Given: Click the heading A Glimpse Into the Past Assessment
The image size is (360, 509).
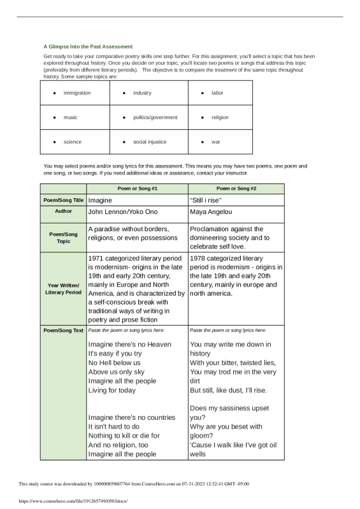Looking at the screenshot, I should tap(88, 47).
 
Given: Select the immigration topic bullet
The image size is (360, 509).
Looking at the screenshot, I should tap(76, 93).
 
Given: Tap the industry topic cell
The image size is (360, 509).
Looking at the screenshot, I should tap(142, 93).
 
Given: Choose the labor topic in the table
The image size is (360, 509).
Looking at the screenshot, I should tap(217, 93).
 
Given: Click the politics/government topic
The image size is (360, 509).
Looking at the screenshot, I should tap(155, 117).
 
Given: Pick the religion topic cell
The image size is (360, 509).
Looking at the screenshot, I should tap(220, 117).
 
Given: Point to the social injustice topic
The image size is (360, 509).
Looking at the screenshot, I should tap(149, 141).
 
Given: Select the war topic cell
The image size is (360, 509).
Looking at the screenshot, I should tap(216, 141).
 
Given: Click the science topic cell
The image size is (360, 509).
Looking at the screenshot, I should tap(72, 141).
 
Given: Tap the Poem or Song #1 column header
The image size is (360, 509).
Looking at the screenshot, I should tap(137, 189).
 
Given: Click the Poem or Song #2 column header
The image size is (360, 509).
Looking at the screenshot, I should tap(236, 189).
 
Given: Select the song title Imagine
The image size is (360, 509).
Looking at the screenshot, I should tap(100, 200).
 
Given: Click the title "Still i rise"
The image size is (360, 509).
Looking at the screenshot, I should tap(206, 200).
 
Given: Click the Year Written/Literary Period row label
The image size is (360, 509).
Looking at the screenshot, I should tap(63, 289).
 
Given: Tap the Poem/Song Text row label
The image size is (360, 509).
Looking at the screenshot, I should tap(63, 331).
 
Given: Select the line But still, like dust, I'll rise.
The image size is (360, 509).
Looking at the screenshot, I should tap(228, 390).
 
